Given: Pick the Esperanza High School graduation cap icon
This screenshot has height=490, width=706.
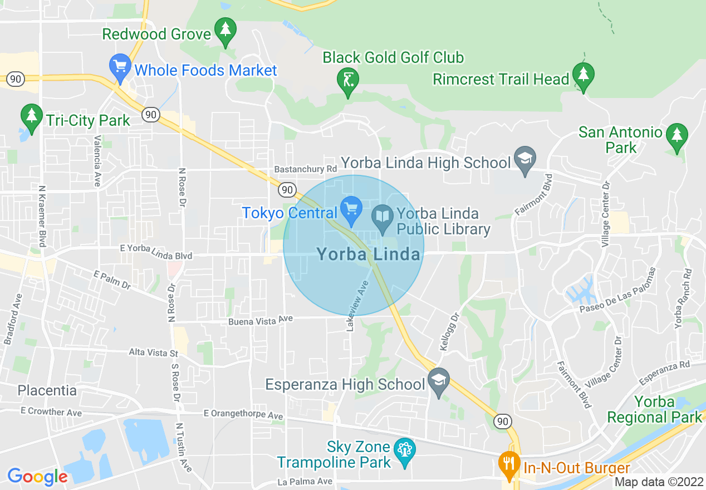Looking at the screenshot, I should [x=439, y=381].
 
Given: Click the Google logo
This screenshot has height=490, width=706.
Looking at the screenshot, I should [x=37, y=477].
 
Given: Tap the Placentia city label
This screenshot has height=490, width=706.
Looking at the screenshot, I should [x=47, y=390].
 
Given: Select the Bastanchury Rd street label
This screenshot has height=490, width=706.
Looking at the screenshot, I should [x=305, y=169].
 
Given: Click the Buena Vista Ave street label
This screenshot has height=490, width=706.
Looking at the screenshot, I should [x=260, y=321].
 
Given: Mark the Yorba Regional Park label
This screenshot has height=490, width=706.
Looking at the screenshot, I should [x=655, y=409].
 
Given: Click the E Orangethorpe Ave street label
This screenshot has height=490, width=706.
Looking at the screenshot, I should [x=243, y=414].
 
